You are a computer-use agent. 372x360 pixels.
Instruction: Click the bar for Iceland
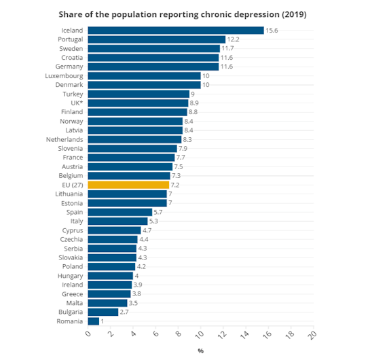pos(176,31)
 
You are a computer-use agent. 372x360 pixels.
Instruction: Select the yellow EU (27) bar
pos(128,185)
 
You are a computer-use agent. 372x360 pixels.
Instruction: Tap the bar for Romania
pos(94,321)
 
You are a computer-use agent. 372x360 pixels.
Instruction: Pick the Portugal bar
pos(157,39)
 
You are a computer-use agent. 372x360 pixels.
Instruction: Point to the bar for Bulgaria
pos(103,312)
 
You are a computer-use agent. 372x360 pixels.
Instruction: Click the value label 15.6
pos(272,31)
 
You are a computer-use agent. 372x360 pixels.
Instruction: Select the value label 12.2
pos(234,39)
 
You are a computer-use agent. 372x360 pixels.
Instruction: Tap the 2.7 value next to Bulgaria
pos(124,312)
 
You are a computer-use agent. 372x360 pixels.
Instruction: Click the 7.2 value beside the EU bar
pos(175,185)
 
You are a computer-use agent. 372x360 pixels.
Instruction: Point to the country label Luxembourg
pos(64,76)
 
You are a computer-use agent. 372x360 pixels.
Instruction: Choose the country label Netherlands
pos(64,139)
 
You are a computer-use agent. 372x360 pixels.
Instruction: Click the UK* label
pos(77,103)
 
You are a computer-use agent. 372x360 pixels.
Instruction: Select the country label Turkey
pos(73,94)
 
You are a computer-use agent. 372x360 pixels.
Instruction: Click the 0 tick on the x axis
pos(88,334)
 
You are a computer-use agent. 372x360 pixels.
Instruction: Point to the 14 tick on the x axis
pos(245,334)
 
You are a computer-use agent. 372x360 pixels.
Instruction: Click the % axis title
pos(201,351)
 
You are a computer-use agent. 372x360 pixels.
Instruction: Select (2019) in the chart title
pos(294,14)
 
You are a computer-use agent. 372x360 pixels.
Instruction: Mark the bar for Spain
pos(120,212)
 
